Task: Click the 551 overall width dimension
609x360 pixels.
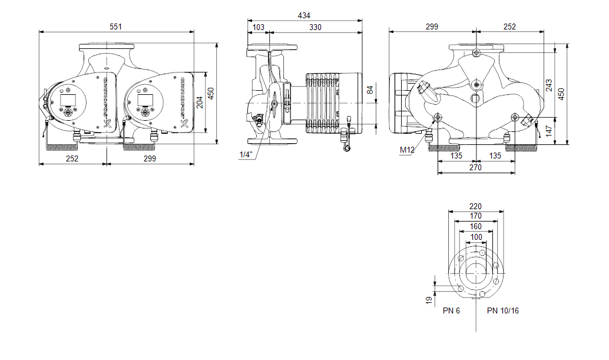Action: pos(116,26)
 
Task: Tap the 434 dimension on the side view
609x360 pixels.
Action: pos(304,15)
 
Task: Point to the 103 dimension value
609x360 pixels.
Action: pos(258,27)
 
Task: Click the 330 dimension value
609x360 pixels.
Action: pos(316,27)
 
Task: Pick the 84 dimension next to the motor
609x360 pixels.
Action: pos(370,90)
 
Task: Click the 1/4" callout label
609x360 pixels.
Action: pos(246,154)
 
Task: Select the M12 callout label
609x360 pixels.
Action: pos(408,150)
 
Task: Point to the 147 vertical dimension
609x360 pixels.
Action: pos(548,130)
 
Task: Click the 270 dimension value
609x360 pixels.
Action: pos(475,167)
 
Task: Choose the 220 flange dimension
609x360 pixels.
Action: pos(475,206)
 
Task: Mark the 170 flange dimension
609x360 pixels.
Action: pos(475,216)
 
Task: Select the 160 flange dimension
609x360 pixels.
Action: pos(475,226)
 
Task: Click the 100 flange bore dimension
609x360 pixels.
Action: pos(476,237)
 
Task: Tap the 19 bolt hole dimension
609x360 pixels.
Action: pos(429,299)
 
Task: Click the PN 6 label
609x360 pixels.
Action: pos(451,311)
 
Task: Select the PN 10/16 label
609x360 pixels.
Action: pos(503,311)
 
